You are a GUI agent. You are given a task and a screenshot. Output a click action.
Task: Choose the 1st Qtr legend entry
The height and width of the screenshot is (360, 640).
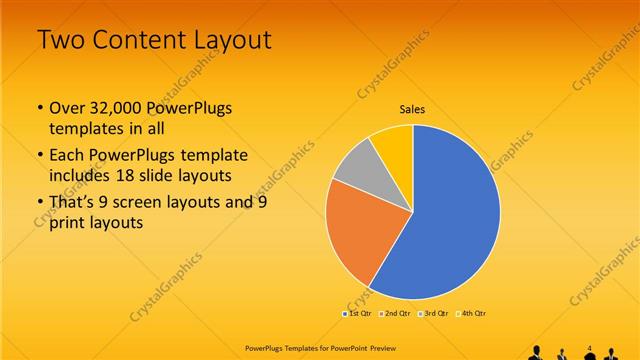click(x=358, y=314)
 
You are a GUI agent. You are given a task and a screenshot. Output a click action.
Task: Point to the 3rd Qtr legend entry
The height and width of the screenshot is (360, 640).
click(x=434, y=314)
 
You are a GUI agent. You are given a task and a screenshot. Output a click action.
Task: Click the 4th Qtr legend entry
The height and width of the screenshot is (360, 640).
click(x=472, y=314)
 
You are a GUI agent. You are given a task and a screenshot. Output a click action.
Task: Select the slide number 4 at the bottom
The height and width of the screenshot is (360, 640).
click(x=590, y=347)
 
